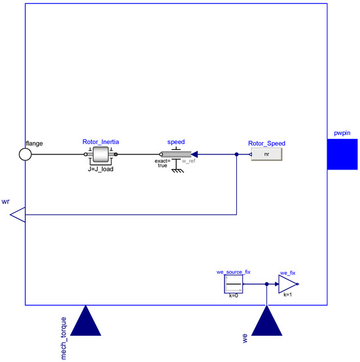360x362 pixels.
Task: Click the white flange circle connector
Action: click(x=25, y=154)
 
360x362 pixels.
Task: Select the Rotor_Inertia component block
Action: click(x=101, y=154)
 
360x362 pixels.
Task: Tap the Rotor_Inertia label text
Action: click(x=101, y=141)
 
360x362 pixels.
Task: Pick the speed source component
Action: click(x=175, y=154)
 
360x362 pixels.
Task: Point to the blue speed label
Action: click(x=176, y=141)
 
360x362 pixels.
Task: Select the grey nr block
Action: click(x=266, y=154)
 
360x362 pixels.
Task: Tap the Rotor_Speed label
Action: click(x=266, y=143)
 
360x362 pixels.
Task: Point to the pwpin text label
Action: click(x=343, y=133)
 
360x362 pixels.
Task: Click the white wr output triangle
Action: click(x=18, y=214)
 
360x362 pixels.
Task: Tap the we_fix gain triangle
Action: click(x=287, y=284)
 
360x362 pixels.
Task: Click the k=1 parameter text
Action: click(x=288, y=296)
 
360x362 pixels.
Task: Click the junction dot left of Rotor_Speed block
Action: click(x=236, y=155)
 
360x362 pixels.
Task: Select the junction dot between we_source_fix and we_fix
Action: click(x=267, y=284)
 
